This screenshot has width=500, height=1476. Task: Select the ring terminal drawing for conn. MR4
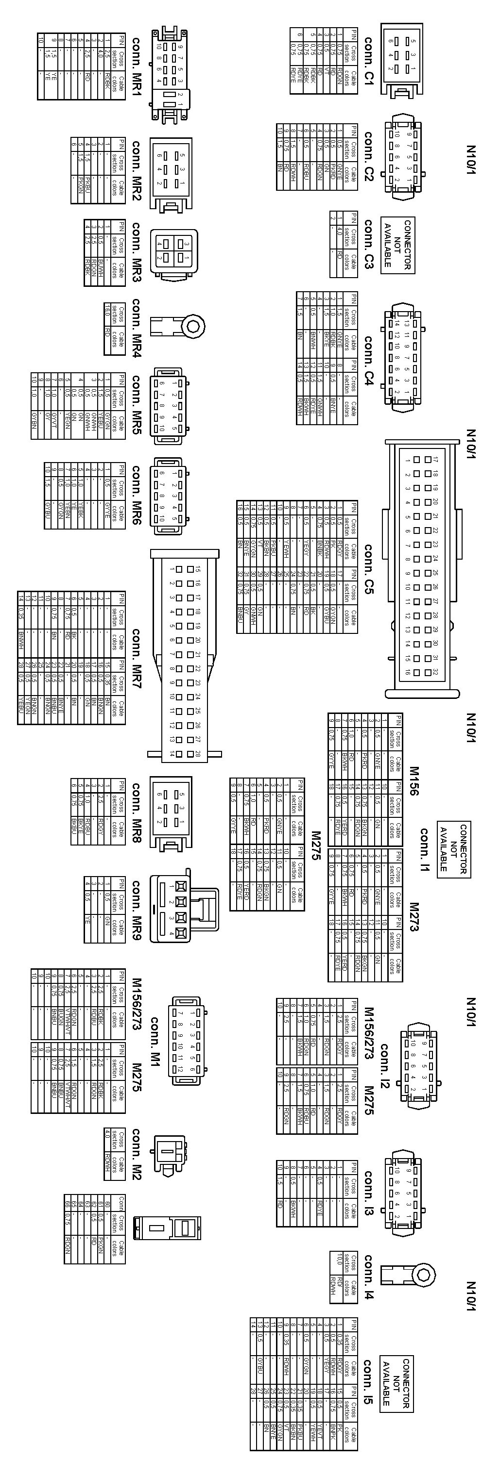178,326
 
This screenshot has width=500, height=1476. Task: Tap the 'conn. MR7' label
137,659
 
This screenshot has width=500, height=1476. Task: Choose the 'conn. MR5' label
137,404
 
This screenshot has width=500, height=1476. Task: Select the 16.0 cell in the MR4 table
106,311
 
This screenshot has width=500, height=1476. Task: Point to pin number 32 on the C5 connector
435,672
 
